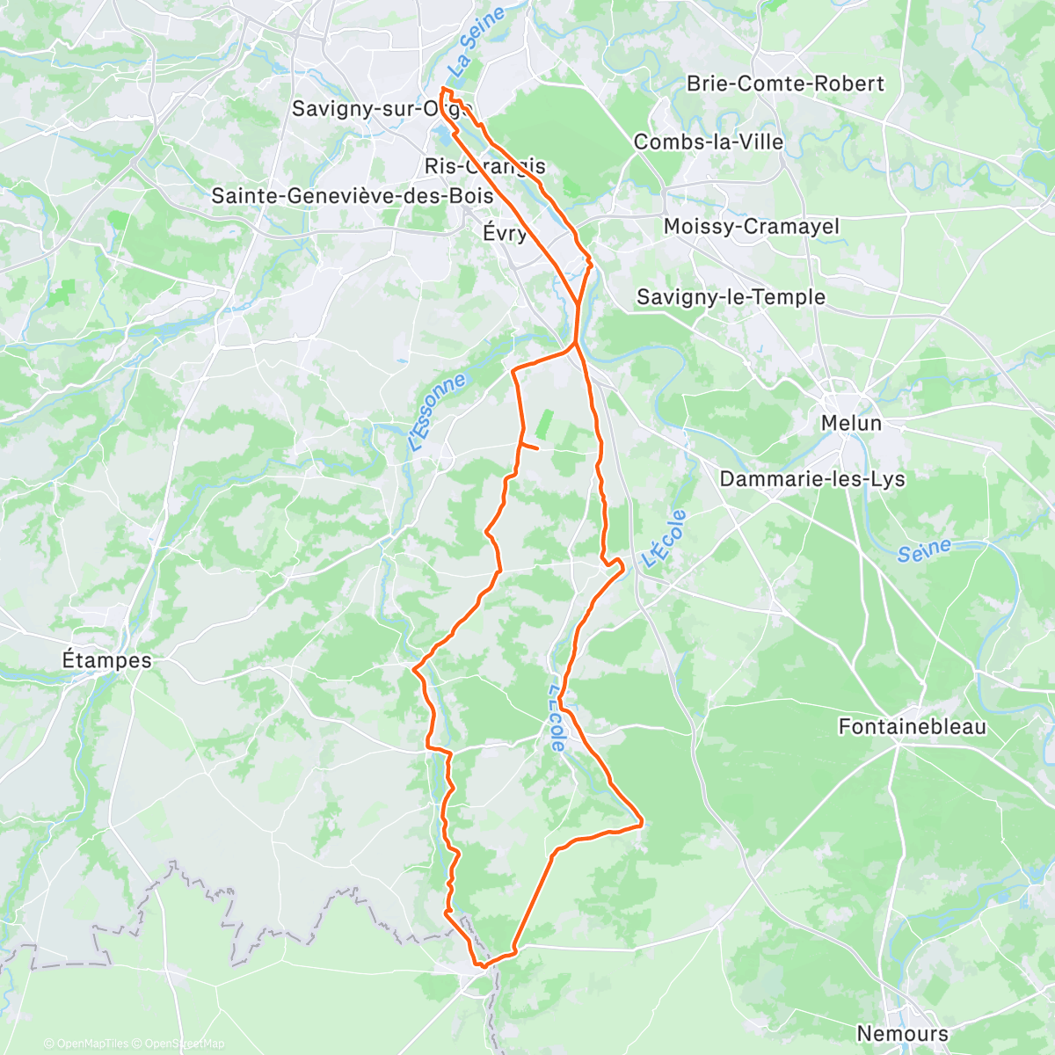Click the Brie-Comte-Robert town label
click(x=785, y=84)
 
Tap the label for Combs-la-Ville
click(x=708, y=142)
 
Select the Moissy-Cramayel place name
click(x=751, y=226)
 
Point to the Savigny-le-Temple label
click(x=731, y=297)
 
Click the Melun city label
click(x=850, y=423)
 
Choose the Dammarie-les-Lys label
click(x=811, y=479)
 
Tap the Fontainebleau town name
click(x=912, y=727)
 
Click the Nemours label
click(x=902, y=1033)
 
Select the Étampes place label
click(x=106, y=659)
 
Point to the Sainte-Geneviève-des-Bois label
click(x=353, y=195)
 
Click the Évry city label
click(x=506, y=233)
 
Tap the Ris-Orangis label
click(x=484, y=166)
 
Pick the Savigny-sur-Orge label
click(x=382, y=109)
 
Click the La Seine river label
click(x=476, y=40)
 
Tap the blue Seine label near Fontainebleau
click(x=924, y=550)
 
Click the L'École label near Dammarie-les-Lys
click(x=664, y=538)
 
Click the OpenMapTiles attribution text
click(x=86, y=1044)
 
